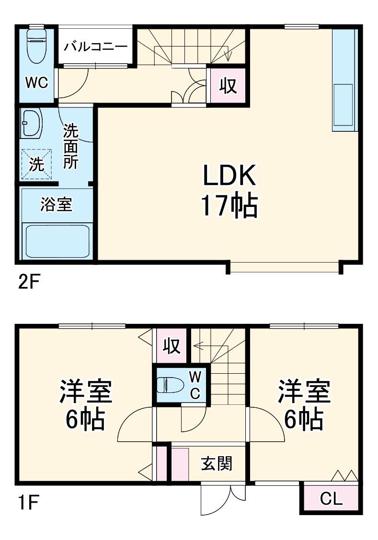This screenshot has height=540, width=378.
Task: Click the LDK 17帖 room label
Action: [229, 191]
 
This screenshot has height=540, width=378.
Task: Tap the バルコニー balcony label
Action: [96, 47]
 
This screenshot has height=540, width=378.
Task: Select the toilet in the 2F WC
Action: [36, 46]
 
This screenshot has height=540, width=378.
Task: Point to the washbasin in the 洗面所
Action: [32, 124]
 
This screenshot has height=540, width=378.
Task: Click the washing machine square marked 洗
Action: [36, 163]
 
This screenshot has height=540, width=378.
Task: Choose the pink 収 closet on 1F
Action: [171, 345]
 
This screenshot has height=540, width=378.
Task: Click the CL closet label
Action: [332, 499]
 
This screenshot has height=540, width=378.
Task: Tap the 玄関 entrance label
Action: [217, 463]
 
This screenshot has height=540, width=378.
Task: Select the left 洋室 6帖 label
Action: [86, 405]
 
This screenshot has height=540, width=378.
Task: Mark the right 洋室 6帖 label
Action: [305, 405]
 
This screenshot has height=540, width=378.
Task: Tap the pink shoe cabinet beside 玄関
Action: [181, 464]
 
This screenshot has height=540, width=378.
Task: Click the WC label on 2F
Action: [36, 83]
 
